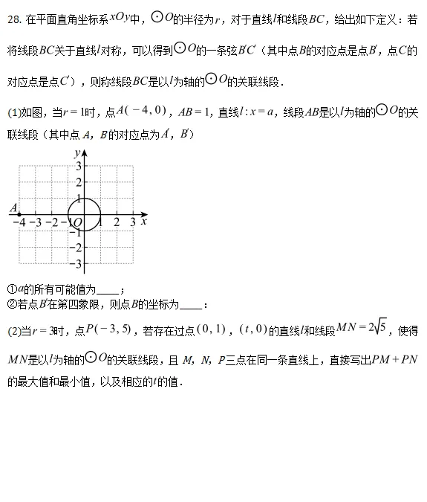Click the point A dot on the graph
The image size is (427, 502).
[18, 214]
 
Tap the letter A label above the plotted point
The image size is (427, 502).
[13, 207]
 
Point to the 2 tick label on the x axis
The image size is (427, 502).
[117, 222]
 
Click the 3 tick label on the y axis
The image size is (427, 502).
[78, 165]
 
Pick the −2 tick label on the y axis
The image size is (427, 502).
[76, 248]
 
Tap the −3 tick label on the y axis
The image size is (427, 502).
[76, 264]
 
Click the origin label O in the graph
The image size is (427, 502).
[77, 223]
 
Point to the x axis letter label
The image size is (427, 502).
[144, 221]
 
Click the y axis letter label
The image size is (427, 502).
[76, 152]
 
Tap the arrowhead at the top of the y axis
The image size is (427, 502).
[84, 152]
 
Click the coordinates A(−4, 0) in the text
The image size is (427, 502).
[144, 112]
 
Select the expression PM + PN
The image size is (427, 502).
[396, 360]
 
